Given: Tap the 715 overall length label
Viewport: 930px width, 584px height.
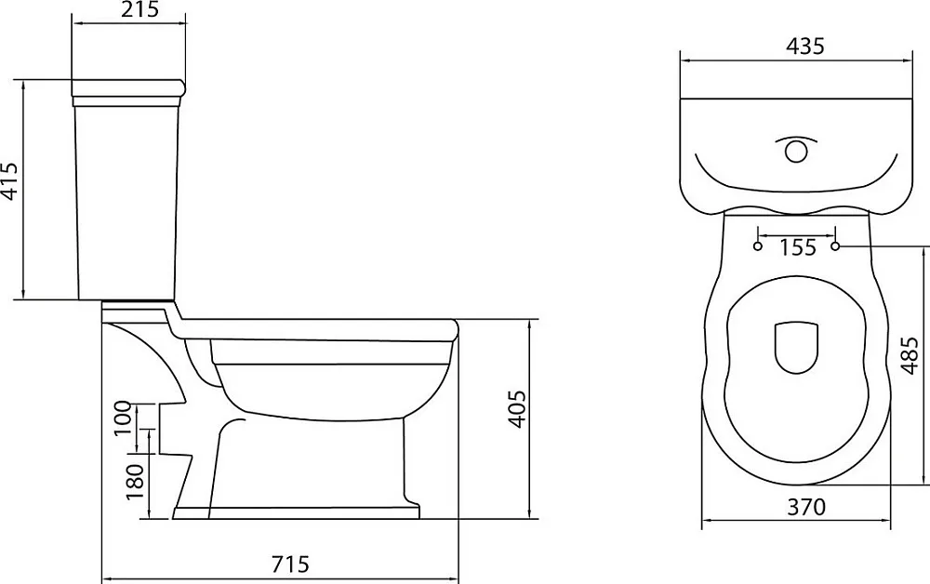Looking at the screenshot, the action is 290,564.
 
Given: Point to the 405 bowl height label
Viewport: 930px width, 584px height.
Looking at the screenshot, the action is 517,408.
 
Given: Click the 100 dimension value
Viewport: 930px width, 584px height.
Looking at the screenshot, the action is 123,418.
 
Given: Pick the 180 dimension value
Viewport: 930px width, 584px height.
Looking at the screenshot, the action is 136,481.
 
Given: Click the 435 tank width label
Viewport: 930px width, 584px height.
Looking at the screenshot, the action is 805,46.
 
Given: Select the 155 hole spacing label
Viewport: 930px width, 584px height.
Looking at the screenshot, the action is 798,247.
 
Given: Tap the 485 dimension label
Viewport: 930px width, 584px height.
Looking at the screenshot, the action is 910,356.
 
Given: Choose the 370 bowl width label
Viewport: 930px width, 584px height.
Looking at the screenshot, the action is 806,508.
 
